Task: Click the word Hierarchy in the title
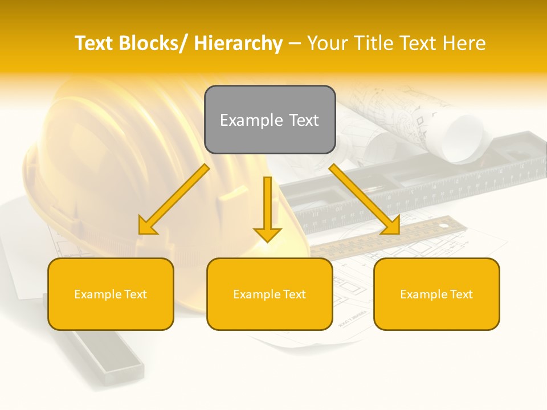tap(238, 43)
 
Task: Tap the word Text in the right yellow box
tap(460, 294)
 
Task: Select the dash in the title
tap(295, 44)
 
